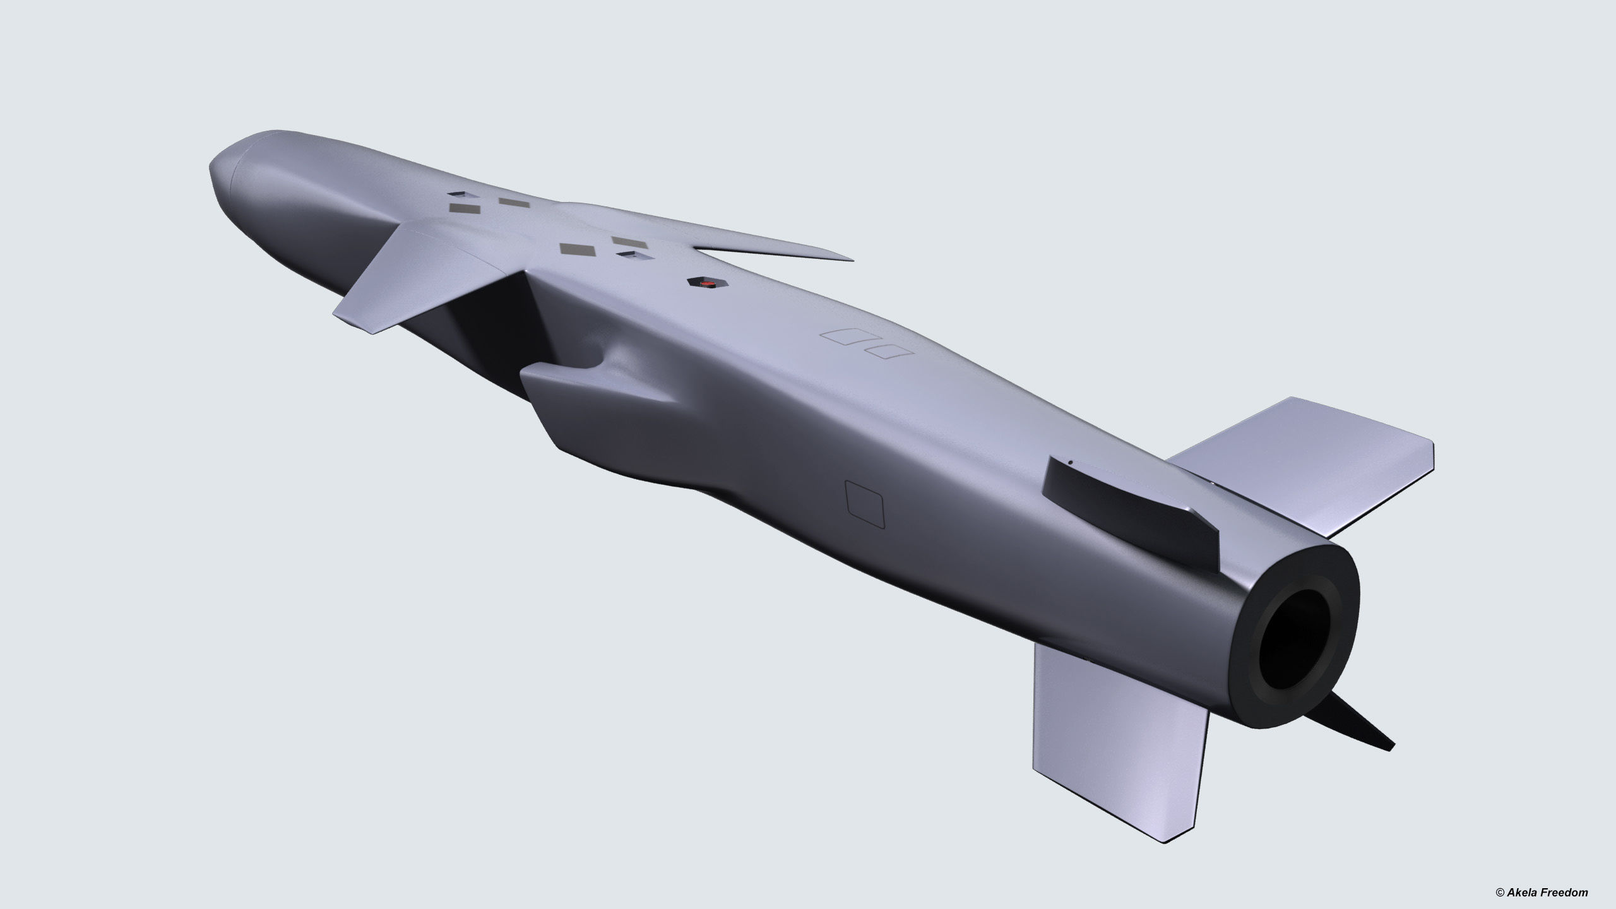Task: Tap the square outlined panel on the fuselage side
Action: click(x=865, y=503)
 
